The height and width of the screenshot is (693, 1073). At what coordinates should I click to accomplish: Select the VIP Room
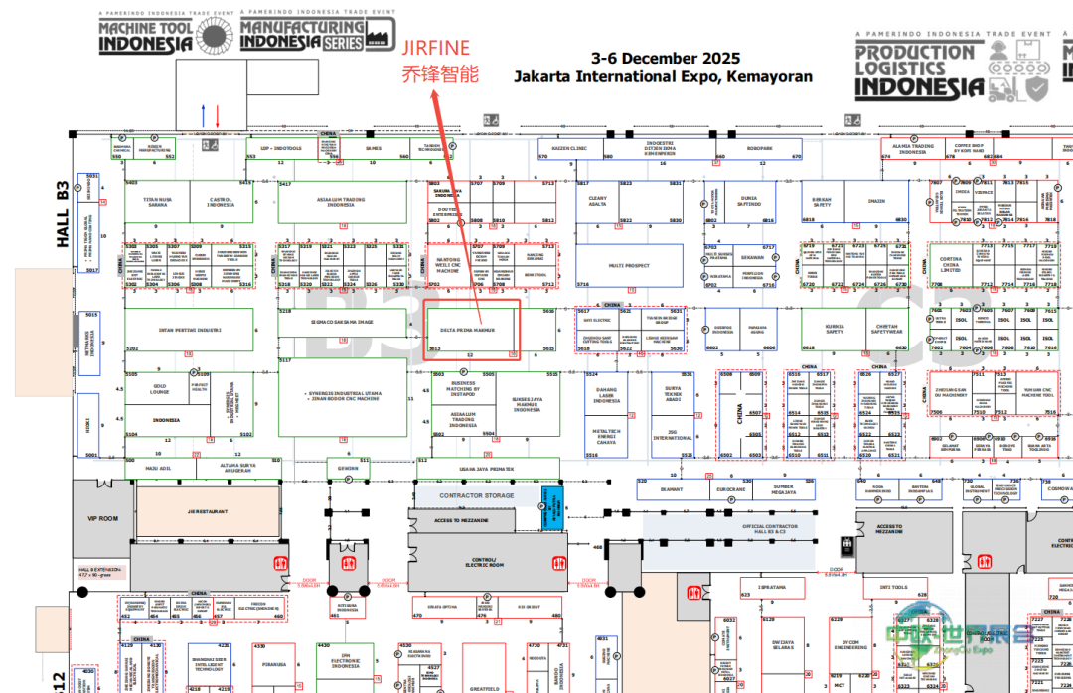pos(102,518)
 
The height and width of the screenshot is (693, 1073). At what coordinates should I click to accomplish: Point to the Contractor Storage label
pos(477,495)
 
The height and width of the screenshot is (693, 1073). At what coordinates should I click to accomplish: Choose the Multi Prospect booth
pos(629,266)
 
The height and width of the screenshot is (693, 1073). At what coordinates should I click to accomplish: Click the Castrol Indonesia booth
pos(221,202)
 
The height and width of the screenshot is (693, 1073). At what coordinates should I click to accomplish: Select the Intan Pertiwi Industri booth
pos(189,329)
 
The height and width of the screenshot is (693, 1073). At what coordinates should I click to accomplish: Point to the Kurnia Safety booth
pos(835,329)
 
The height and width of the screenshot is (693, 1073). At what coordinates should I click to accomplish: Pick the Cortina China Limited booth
pos(950,264)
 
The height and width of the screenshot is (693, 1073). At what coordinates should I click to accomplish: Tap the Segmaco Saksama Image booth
pos(341,323)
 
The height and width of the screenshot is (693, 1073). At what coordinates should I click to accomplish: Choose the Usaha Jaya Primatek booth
pos(486,472)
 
